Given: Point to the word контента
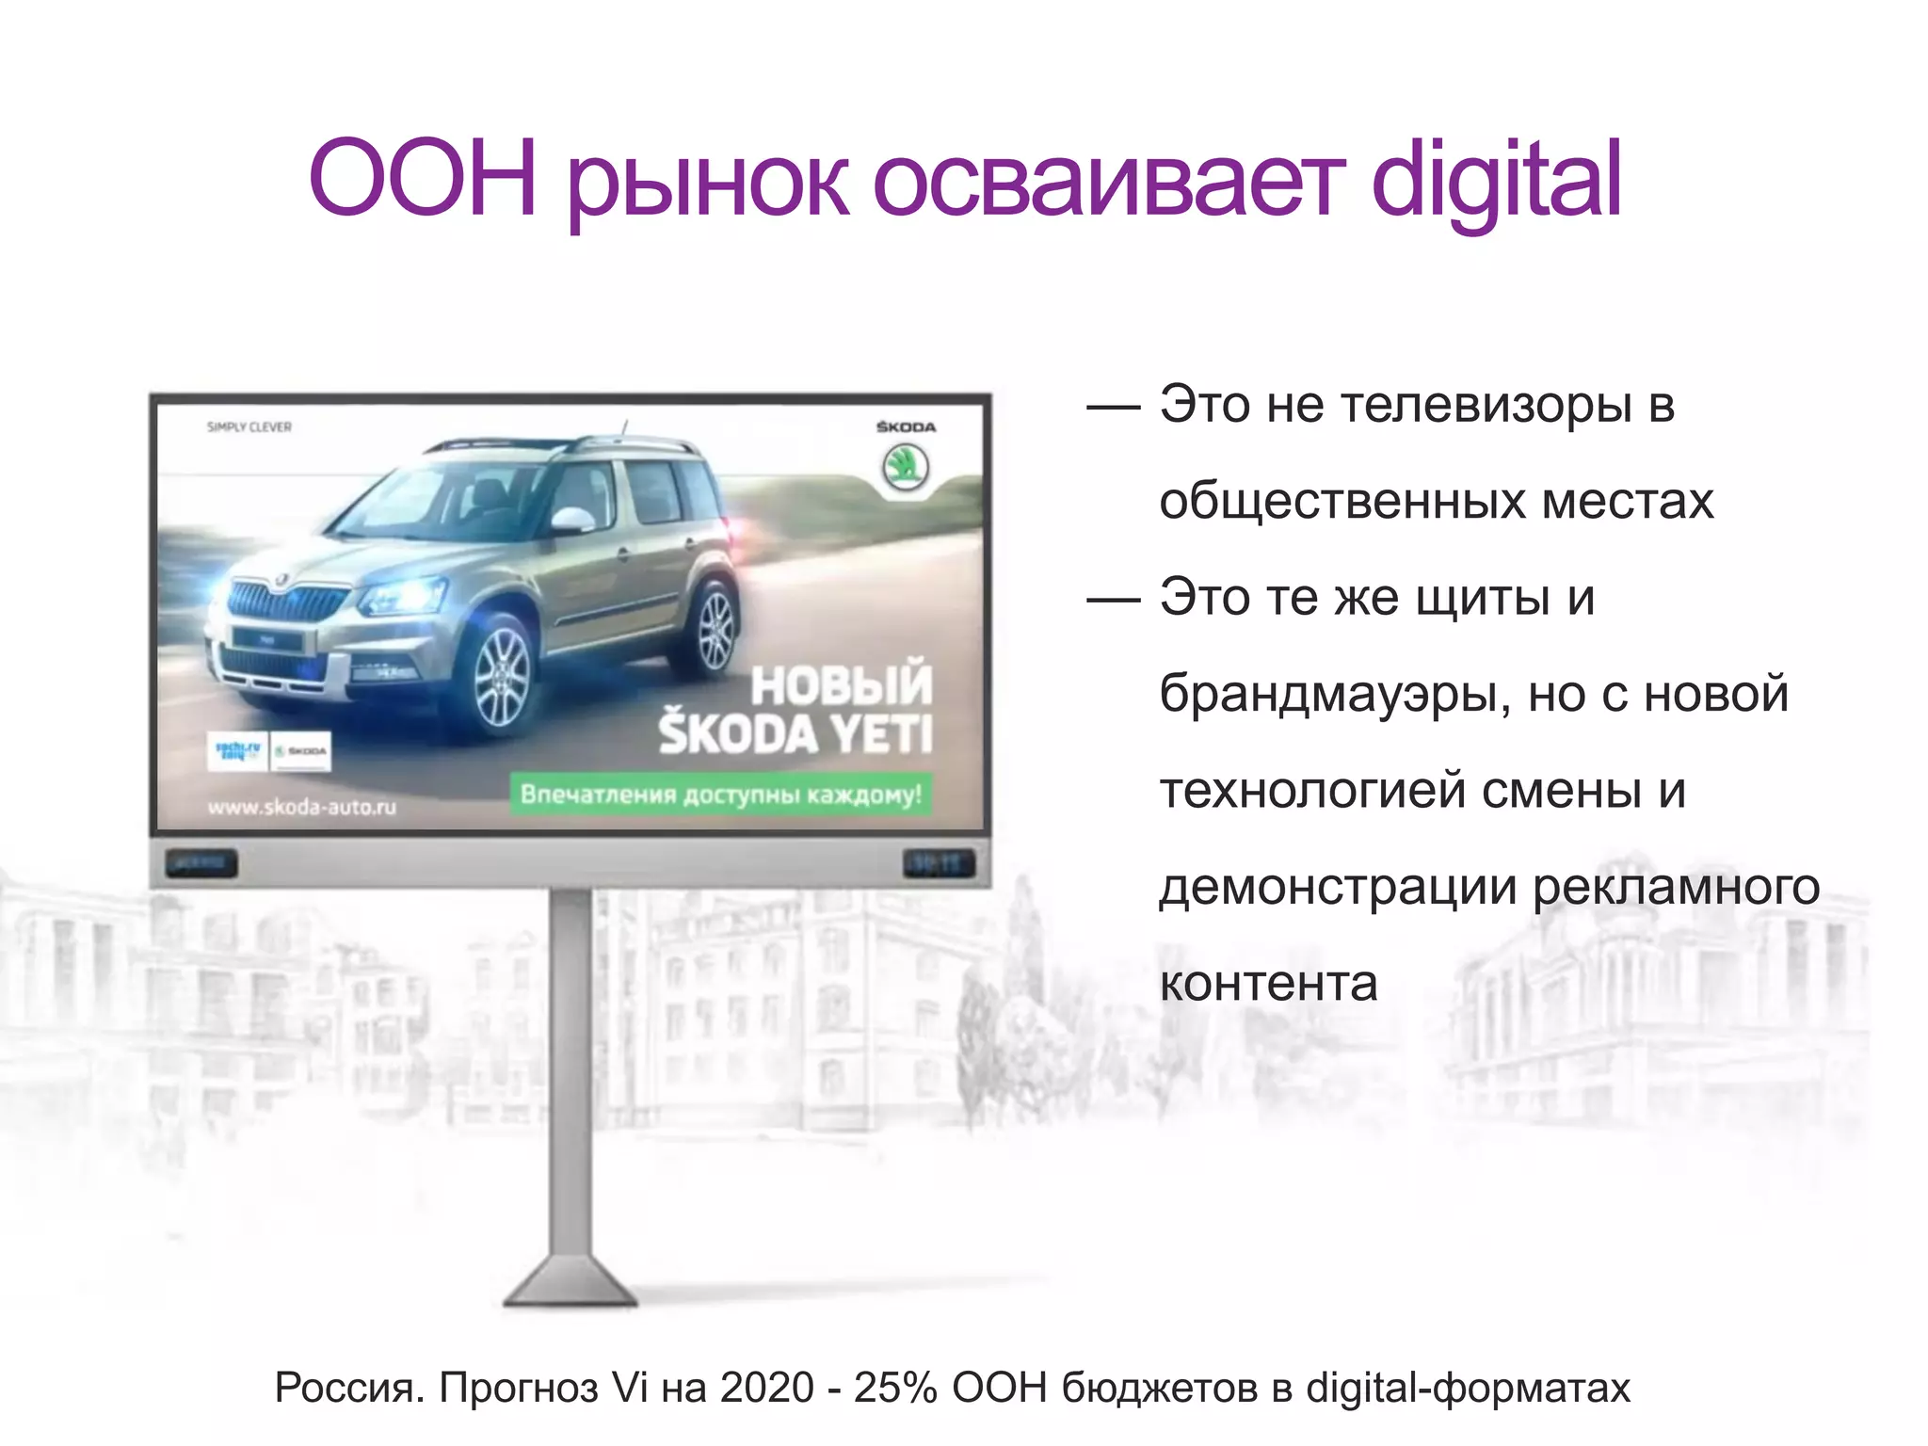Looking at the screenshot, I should tap(1268, 983).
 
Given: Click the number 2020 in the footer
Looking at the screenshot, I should tap(766, 1388).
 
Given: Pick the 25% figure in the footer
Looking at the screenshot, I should tap(894, 1388).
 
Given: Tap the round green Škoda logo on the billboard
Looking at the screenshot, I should tap(905, 467).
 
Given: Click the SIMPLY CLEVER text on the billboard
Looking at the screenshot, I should tap(249, 427).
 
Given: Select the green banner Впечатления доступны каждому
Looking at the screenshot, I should tap(720, 795).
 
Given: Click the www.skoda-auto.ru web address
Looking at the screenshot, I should tap(301, 807).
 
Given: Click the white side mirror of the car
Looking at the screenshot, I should tap(572, 519).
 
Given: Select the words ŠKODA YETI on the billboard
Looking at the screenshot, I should tap(795, 734).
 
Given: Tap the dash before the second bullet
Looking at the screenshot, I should tap(1113, 600).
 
